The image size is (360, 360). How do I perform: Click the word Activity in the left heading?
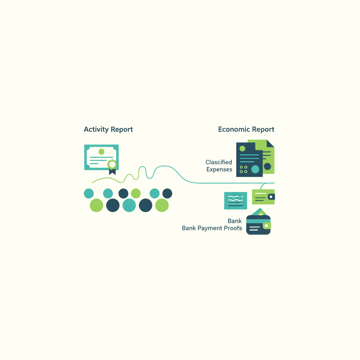pos(96,129)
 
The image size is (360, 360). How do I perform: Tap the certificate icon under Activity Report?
pos(101,159)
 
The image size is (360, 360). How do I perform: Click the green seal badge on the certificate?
pos(112,165)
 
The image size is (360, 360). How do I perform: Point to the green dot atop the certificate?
pos(102,152)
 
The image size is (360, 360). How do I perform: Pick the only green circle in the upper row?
pos(136,193)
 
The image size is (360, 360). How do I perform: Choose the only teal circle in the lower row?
pos(129,205)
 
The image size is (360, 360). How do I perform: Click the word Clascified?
pos(219,162)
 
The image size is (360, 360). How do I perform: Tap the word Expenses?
pos(219,169)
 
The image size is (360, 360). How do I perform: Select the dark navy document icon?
pos(249,160)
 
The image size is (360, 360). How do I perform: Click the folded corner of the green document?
pos(270,143)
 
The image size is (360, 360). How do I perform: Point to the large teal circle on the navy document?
pos(255,169)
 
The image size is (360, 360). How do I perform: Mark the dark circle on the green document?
pos(267,166)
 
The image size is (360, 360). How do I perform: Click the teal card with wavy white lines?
pos(236,201)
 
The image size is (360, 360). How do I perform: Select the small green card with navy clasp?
pos(263,197)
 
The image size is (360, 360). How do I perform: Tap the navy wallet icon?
pos(258,225)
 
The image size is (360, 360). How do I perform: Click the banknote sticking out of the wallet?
pos(259,212)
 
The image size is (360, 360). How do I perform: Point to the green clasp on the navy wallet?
pos(267,226)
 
